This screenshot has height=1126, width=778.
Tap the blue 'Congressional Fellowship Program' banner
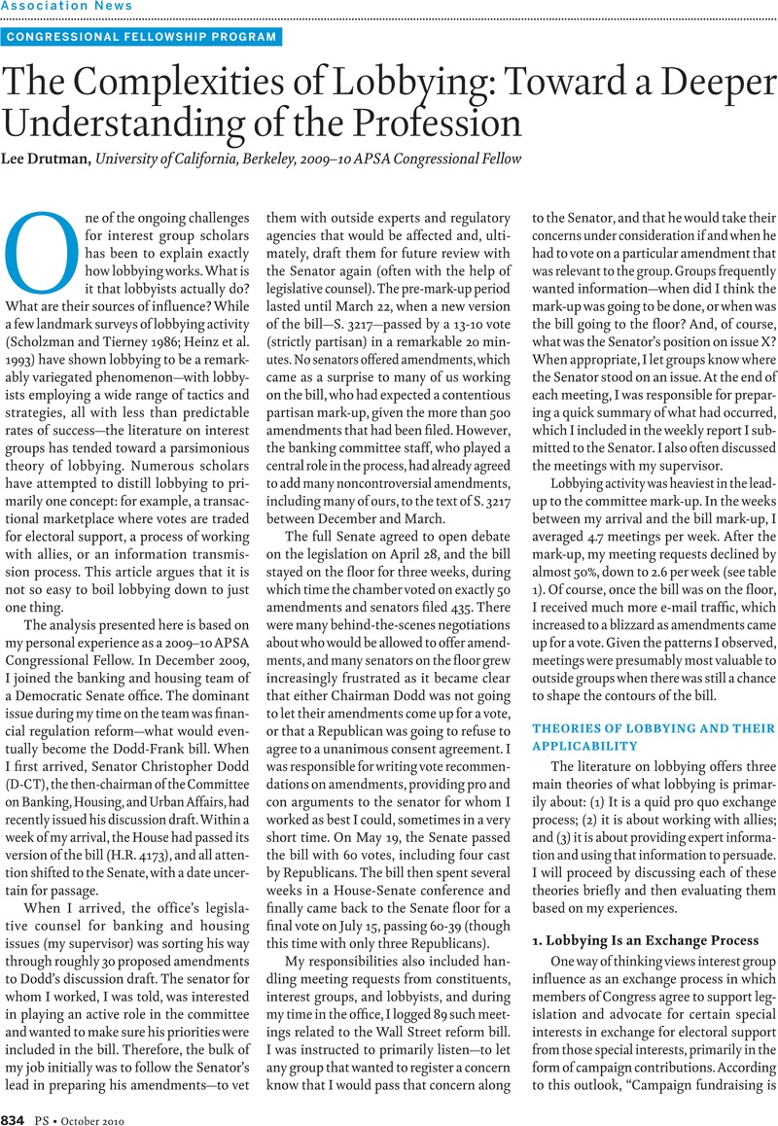pyautogui.click(x=142, y=38)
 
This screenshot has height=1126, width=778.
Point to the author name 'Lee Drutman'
pyautogui.click(x=49, y=158)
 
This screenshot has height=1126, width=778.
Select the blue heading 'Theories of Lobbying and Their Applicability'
pyautogui.click(x=653, y=737)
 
